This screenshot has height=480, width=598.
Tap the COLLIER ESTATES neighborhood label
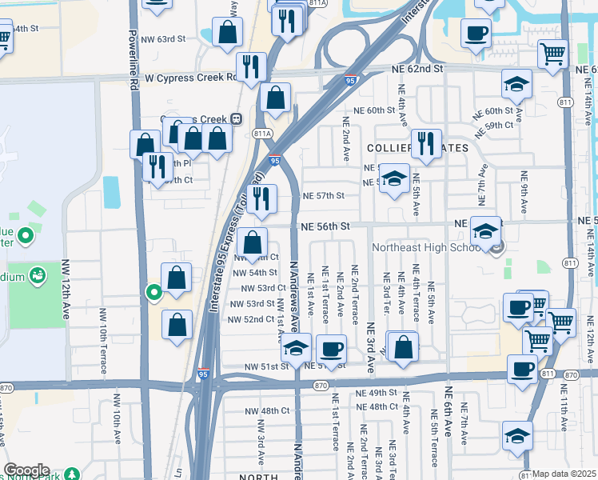(x=405, y=149)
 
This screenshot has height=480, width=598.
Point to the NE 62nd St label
(x=417, y=69)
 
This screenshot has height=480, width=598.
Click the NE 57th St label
(x=323, y=195)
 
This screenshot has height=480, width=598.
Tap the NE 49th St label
(x=377, y=393)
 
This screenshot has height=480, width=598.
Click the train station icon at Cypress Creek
(x=237, y=118)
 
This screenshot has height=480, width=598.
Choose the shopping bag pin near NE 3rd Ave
(x=405, y=347)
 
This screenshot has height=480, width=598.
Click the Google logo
(x=26, y=470)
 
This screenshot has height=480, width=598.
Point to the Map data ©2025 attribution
(x=564, y=474)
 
